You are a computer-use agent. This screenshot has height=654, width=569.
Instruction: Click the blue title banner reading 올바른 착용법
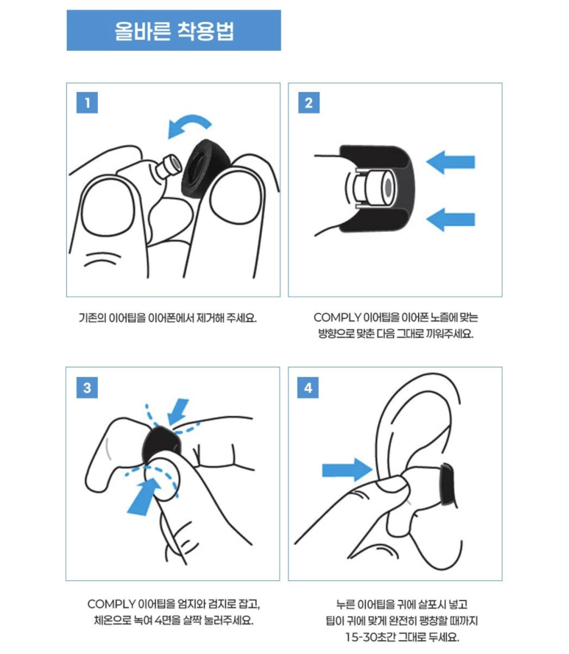[174, 30]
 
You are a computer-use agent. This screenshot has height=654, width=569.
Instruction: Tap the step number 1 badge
[87, 102]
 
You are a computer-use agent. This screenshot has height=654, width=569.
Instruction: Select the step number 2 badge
[309, 102]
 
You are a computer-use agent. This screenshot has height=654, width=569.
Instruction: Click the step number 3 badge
[87, 387]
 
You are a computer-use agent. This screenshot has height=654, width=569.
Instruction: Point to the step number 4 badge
[308, 387]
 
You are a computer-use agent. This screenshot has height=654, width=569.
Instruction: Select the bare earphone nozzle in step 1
[169, 165]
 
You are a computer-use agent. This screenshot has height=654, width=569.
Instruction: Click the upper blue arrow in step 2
[450, 162]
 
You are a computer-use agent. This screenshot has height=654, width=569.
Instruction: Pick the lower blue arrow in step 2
[450, 219]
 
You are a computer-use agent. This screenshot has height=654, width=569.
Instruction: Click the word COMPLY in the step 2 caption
[337, 318]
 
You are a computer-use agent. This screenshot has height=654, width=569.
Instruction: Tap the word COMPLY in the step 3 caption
[111, 604]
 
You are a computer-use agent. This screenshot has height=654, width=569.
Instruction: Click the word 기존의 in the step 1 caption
[92, 318]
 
